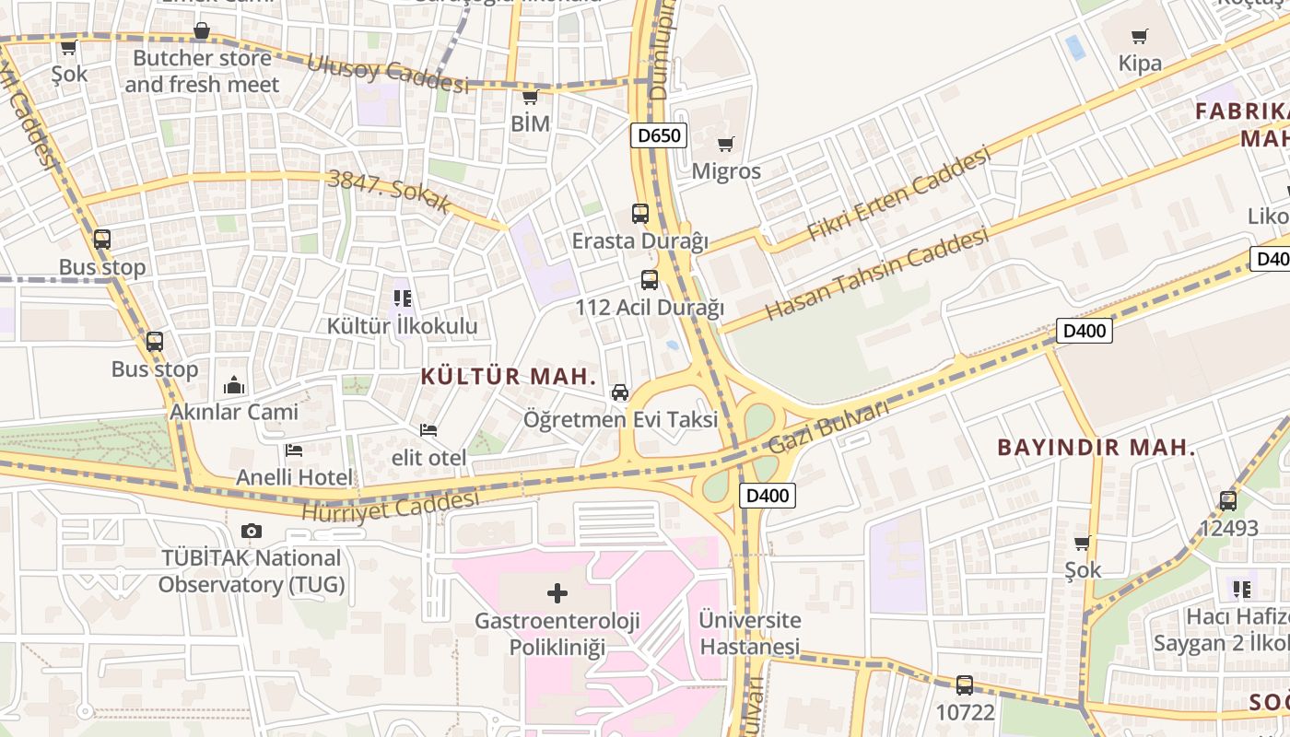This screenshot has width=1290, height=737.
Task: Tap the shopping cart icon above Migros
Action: (x=726, y=144)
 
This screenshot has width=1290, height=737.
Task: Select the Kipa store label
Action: (x=1140, y=64)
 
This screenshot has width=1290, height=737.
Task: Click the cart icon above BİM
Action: (x=530, y=97)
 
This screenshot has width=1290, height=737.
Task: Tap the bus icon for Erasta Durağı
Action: (x=640, y=214)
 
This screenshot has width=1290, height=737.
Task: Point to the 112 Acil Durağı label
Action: (x=650, y=307)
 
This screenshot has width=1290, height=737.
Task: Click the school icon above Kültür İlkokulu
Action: (x=403, y=298)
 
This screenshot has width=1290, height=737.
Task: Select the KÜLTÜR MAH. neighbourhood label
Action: (x=509, y=376)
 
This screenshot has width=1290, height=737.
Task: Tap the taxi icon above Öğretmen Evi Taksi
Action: (x=620, y=392)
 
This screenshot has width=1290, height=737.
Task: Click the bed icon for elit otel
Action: (x=428, y=430)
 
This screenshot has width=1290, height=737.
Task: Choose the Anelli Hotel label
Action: (x=295, y=477)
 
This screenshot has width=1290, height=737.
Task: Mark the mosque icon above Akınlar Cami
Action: (x=234, y=385)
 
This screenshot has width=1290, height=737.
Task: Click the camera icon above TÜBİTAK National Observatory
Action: (x=251, y=532)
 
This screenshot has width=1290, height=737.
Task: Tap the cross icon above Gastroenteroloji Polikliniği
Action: (x=557, y=593)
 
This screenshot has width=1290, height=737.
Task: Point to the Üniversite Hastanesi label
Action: (x=749, y=633)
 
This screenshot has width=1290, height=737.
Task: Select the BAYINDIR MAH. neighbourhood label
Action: (x=1096, y=449)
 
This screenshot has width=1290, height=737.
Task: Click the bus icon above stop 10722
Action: (x=965, y=685)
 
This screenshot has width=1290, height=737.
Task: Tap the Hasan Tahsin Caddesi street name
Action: (x=876, y=274)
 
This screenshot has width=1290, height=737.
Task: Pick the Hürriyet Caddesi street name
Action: (x=391, y=505)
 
